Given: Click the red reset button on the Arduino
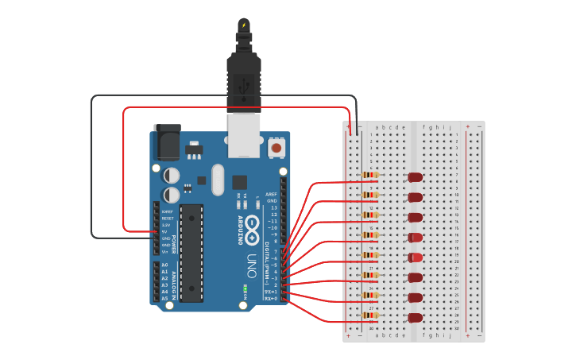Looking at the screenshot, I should coord(276,147).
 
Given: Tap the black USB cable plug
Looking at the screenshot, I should coord(243,75).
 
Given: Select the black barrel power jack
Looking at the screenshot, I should coord(167,143).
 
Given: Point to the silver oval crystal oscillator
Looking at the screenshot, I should coord(218,180).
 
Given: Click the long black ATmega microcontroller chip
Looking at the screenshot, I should coord(191,253).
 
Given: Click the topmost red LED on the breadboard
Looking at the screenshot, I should coord(415,177).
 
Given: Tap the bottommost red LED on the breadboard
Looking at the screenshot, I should coord(415,318).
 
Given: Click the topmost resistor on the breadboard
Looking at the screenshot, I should coord(370,175).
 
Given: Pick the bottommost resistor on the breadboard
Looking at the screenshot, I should coord(370,315).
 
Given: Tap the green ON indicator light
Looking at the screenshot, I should coord(245,288).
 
